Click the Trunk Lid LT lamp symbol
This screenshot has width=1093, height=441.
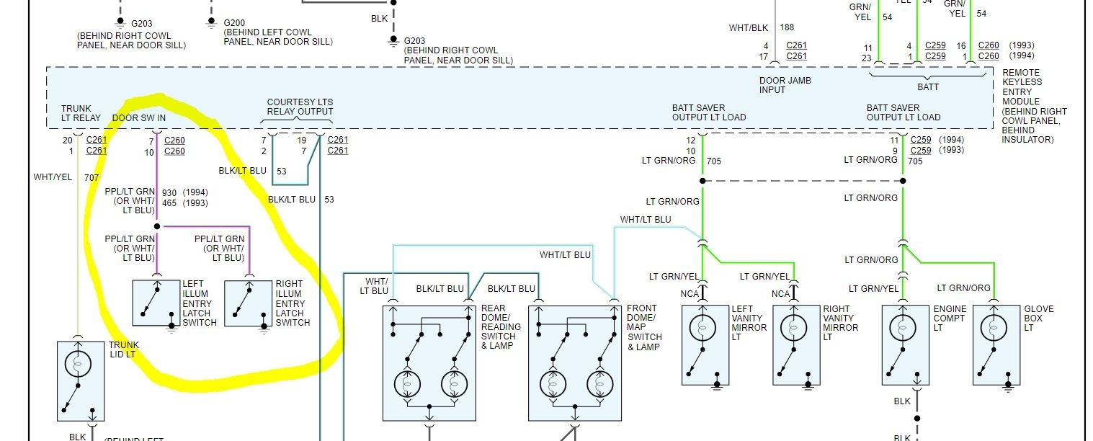pyautogui.click(x=77, y=365)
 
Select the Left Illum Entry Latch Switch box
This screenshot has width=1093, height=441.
pyautogui.click(x=156, y=303)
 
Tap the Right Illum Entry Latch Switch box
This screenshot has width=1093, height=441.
pyautogui.click(x=249, y=303)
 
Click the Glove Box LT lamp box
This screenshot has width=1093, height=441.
pyautogui.click(x=996, y=344)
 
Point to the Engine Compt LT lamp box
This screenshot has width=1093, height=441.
pyautogui.click(x=905, y=344)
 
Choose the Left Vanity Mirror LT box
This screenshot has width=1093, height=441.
pyautogui.click(x=705, y=344)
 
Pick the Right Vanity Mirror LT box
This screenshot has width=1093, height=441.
pyautogui.click(x=795, y=344)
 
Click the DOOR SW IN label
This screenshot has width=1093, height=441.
pyautogui.click(x=139, y=117)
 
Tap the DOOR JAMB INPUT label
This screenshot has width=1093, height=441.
pyautogui.click(x=785, y=85)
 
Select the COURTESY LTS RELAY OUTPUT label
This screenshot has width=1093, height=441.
pyautogui.click(x=300, y=107)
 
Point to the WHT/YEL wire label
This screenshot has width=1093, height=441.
pyautogui.click(x=53, y=177)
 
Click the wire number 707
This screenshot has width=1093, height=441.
pyautogui.click(x=92, y=177)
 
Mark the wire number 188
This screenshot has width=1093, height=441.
pyautogui.click(x=787, y=28)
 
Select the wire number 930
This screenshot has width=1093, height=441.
pyautogui.click(x=169, y=193)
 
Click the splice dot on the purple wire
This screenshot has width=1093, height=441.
pyautogui.click(x=157, y=226)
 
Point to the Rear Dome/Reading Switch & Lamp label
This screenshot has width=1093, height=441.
pyautogui.click(x=501, y=327)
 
